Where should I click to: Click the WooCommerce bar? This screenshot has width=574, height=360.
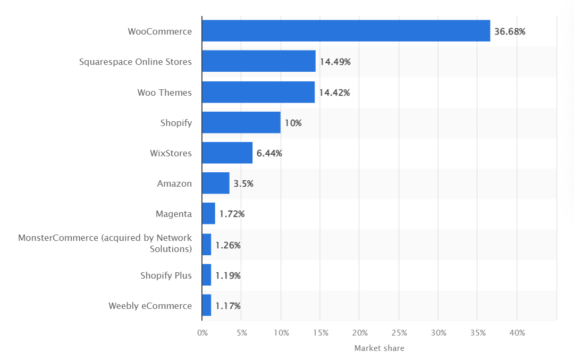[345, 31]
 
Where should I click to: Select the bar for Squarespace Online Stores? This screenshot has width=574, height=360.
[258, 61]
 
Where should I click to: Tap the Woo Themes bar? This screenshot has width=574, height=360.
[258, 92]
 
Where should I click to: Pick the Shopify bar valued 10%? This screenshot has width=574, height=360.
[241, 122]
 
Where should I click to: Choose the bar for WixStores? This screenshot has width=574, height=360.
[227, 153]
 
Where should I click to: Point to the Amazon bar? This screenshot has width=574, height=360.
[215, 183]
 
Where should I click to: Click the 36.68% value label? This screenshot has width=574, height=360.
[509, 31]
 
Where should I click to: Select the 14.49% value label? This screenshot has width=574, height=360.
[334, 61]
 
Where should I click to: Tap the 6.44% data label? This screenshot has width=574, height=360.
[270, 153]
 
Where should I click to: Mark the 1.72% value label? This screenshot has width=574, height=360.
[232, 214]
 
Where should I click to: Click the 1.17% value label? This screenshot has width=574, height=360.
[227, 305]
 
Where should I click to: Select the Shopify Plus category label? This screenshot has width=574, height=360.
[167, 275]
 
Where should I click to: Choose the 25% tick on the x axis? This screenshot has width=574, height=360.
[399, 332]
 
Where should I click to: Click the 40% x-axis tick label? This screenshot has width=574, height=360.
[517, 332]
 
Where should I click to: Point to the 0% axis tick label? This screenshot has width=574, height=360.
[202, 332]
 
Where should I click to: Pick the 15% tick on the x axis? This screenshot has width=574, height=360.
[320, 332]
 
